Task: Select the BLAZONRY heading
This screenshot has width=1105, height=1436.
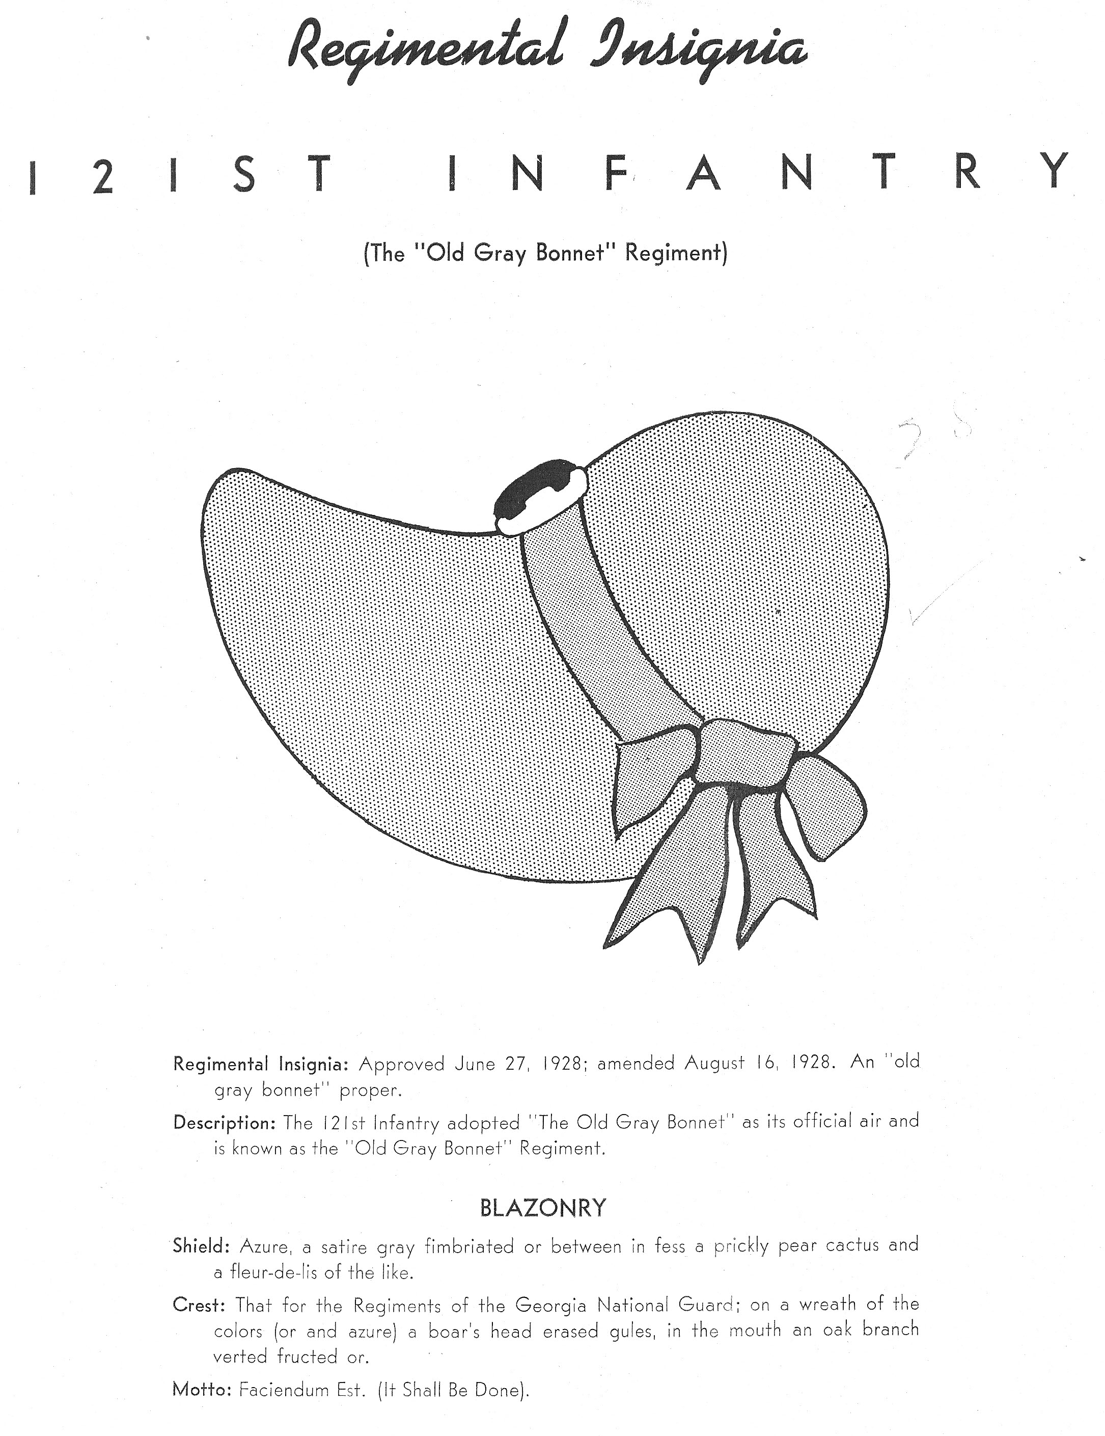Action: [543, 1208]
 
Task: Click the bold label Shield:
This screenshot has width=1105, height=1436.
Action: [201, 1245]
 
